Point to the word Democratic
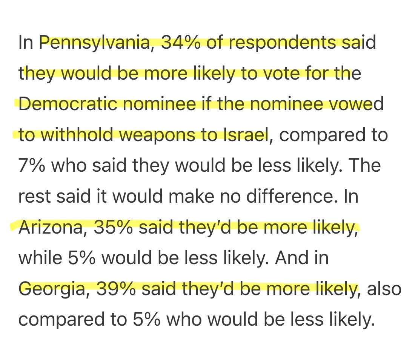[x=68, y=104]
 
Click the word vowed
[x=357, y=104]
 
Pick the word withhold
[x=77, y=134]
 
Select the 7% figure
[x=32, y=165]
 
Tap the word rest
[x=34, y=196]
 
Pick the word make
[x=191, y=196]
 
